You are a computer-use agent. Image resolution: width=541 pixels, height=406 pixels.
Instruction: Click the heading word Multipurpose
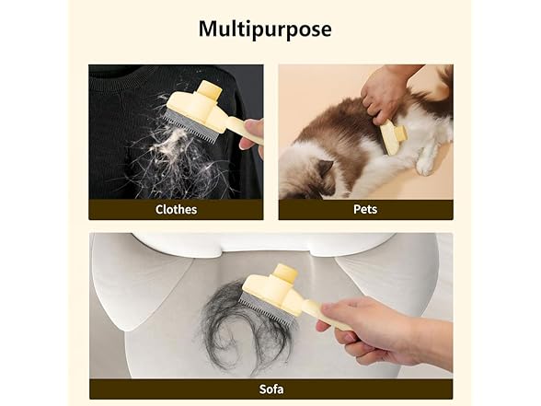tap(265, 29)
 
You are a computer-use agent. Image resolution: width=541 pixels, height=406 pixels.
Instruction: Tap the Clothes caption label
tap(175, 209)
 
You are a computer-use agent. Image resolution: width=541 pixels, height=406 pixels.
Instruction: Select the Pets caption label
tap(365, 209)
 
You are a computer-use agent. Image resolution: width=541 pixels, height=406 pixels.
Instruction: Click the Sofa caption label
tap(270, 389)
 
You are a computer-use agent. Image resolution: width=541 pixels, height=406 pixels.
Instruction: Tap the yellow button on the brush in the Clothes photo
tap(210, 91)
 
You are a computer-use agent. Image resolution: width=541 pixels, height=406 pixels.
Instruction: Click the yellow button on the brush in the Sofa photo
tap(285, 274)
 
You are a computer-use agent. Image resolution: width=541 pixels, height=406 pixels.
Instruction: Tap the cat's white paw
tap(426, 164)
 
